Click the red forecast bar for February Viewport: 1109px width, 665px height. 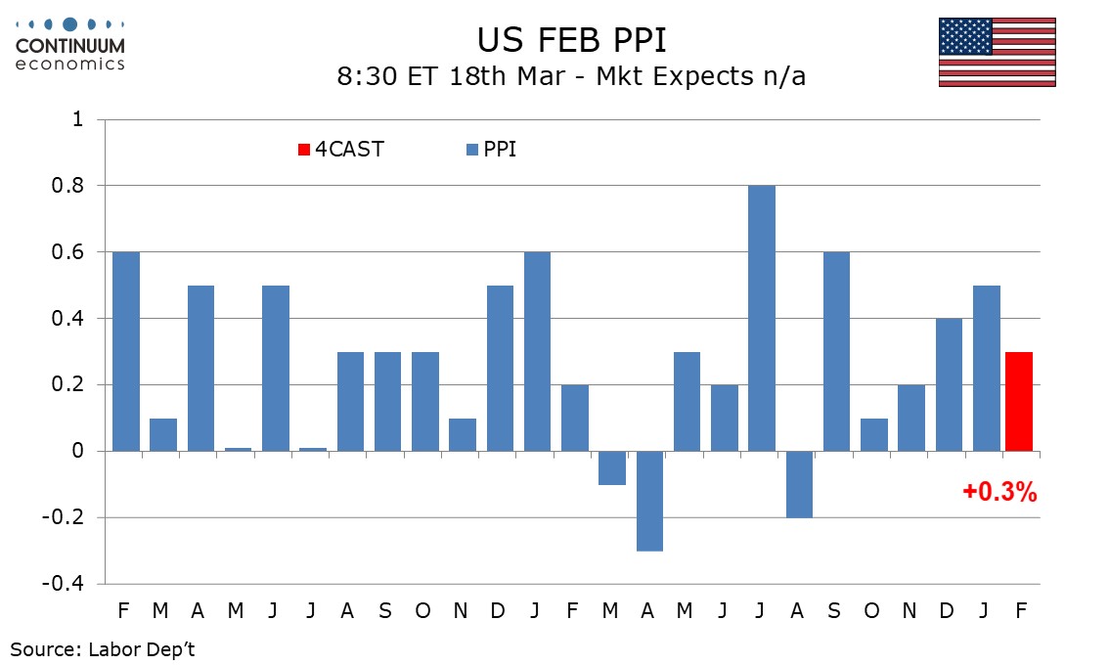(1019, 401)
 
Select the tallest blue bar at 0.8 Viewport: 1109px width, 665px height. (761, 318)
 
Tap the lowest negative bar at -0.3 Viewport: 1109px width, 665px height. (649, 501)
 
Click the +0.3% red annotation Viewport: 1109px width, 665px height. (999, 493)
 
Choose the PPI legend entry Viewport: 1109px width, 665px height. (493, 150)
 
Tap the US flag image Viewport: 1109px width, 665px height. (997, 52)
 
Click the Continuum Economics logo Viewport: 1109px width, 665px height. (70, 44)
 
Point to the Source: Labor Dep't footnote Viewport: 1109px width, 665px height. (104, 647)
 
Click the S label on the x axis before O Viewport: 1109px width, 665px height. (385, 611)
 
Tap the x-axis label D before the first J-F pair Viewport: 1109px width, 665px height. (498, 611)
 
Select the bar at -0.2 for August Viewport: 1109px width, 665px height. (798, 484)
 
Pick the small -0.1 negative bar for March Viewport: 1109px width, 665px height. (612, 467)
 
